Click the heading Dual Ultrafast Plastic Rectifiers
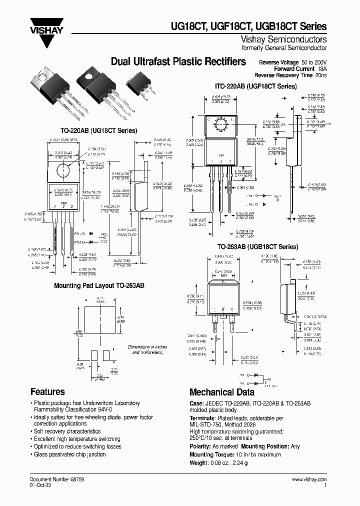pos(178,61)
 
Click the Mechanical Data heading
pos(221,392)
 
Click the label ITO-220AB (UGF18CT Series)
pos(257,86)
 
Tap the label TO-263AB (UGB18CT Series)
pos(257,247)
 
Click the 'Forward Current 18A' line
pos(300,68)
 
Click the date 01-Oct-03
pos(40,485)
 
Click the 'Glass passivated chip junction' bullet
pos(69,454)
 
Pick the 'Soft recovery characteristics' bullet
pos(67,431)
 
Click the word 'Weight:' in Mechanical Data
pos(200,462)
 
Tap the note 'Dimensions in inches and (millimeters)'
pos(147,349)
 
